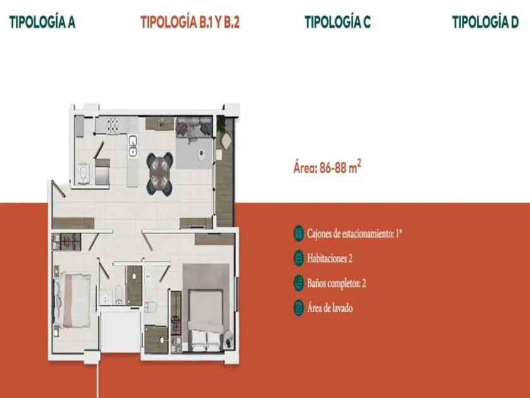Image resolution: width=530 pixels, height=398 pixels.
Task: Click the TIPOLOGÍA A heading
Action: pos(42,22)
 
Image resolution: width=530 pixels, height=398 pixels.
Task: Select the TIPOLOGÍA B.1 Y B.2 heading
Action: pos(190,22)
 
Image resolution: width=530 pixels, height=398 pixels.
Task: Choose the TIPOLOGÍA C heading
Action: pos(338,22)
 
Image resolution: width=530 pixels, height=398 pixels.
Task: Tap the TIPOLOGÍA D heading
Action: pos(485,22)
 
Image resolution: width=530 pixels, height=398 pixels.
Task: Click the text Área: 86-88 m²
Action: pos(327,167)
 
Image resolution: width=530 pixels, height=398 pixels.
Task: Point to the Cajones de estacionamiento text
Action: pos(354,234)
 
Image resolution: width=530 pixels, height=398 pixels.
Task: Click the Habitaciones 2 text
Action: pos(329,258)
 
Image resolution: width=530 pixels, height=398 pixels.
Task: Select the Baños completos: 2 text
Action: pos(336,283)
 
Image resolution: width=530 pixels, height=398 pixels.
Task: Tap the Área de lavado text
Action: pos(329,308)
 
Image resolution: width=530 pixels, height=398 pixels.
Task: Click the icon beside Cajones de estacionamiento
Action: pos(298,234)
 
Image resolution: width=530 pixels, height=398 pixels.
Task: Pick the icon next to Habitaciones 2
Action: pos(298,258)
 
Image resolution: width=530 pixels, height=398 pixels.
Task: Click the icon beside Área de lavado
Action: pos(298,308)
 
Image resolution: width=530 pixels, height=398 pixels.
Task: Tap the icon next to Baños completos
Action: pos(298,283)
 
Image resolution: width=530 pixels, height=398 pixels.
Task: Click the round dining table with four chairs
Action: pos(160,174)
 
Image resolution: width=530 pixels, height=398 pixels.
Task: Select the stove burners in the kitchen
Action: pos(113,125)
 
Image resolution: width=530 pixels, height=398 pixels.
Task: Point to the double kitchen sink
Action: pos(133,146)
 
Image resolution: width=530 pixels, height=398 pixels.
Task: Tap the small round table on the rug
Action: pos(201,154)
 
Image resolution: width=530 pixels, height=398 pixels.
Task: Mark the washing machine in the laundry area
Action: pos(83,174)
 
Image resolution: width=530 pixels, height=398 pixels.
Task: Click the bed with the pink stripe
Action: pos(73,301)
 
